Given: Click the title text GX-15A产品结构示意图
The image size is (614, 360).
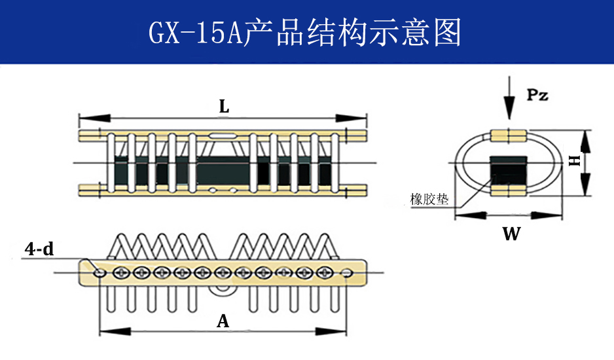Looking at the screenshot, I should click(305, 33).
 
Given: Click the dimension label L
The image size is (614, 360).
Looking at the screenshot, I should click(224, 107).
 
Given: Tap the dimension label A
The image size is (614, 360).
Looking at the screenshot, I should click(223, 321).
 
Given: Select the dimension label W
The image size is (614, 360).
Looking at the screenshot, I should click(511, 234).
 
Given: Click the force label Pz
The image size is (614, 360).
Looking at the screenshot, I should click(537, 96).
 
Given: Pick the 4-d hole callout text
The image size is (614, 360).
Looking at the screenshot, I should click(39, 249).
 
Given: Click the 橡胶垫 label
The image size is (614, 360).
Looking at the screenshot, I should click(429, 199).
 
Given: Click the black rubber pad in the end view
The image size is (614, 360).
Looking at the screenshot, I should click(509, 168).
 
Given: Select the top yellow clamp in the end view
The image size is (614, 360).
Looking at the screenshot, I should click(509, 135).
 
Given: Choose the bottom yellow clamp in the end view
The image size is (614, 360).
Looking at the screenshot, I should click(509, 190).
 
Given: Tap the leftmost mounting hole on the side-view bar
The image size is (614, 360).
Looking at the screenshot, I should click(99, 271).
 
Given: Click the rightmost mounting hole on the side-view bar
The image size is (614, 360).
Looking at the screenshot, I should click(346, 271).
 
